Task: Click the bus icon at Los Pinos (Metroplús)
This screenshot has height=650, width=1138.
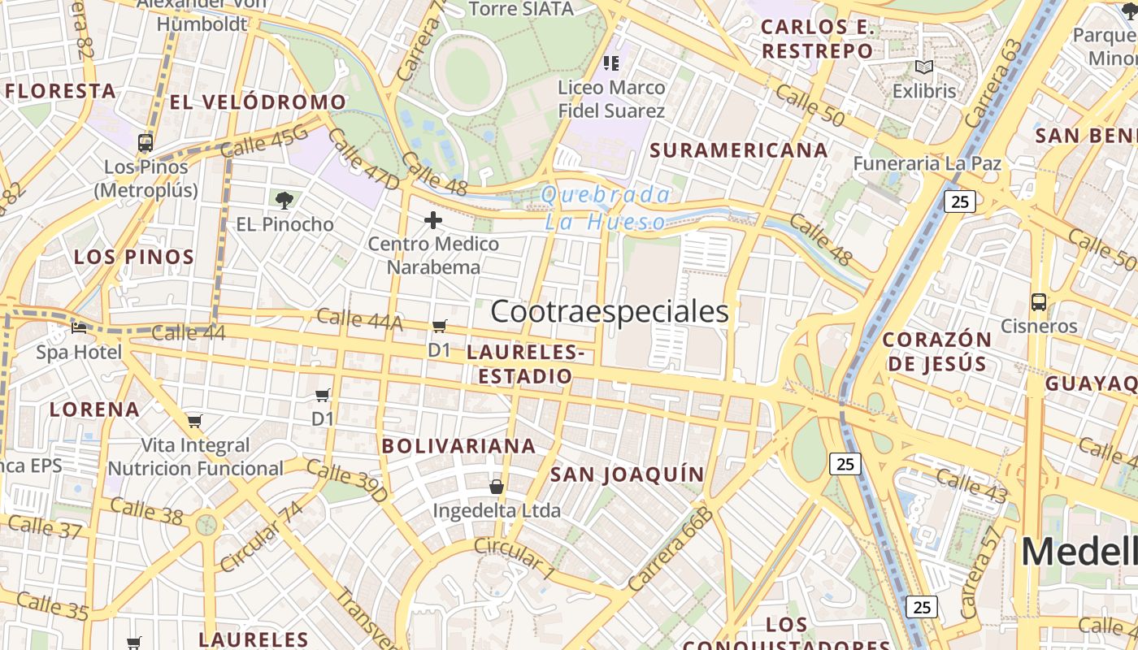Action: [146, 143]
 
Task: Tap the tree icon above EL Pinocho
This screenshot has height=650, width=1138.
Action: [284, 200]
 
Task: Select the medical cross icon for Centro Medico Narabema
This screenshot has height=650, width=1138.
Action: [433, 219]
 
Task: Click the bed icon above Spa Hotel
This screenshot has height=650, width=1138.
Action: [79, 327]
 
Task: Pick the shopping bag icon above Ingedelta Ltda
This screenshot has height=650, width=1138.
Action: [496, 487]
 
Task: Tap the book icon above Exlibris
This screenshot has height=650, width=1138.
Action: [923, 67]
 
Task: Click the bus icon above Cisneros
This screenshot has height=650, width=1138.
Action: [1038, 302]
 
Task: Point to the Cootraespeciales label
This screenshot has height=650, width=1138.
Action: [610, 311]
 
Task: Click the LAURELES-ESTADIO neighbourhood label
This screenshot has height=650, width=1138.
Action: [525, 364]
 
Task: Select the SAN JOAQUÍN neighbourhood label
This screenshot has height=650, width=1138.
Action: [628, 474]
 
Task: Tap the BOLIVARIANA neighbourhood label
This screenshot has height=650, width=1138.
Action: [458, 445]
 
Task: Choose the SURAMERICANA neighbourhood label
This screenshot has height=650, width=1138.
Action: [739, 150]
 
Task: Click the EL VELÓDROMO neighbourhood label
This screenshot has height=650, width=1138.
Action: [258, 102]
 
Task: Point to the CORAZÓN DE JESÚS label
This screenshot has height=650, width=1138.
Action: [936, 351]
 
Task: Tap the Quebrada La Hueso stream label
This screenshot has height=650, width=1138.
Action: [606, 208]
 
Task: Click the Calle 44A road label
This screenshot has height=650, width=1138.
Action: [359, 319]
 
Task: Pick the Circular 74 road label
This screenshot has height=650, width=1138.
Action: [262, 536]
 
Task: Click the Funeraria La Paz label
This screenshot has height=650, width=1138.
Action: [927, 163]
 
